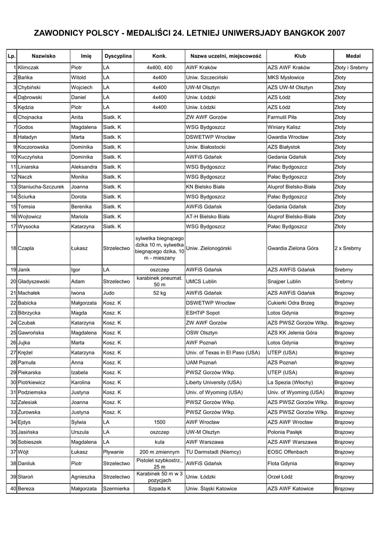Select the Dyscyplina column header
click(118, 55)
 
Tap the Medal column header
click(353, 55)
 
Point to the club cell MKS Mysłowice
click(286, 78)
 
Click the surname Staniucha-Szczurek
click(41, 187)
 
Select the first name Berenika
click(82, 207)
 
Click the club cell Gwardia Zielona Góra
click(292, 248)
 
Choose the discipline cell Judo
click(109, 293)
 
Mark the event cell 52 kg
click(159, 293)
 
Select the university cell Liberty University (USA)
click(214, 382)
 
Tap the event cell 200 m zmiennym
click(159, 451)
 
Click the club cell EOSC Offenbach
click(288, 451)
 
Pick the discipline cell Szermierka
click(116, 488)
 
